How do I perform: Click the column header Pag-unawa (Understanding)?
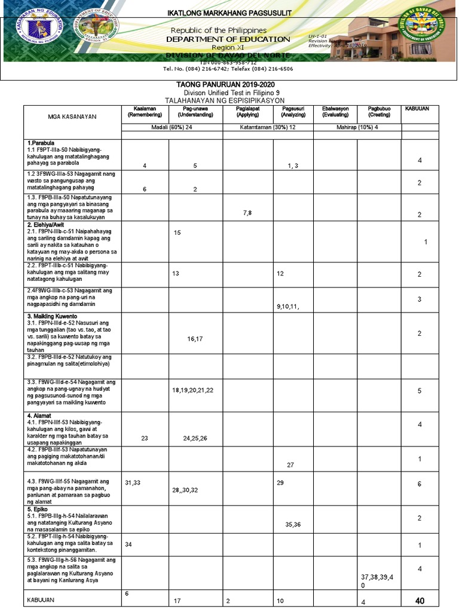(x=195, y=111)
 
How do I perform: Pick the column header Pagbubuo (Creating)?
(x=379, y=111)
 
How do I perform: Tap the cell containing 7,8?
(x=248, y=212)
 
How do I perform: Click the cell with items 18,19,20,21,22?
(x=192, y=390)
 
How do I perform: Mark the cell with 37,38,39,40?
(x=378, y=581)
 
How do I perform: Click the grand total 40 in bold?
(x=420, y=601)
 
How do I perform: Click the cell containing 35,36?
(x=293, y=524)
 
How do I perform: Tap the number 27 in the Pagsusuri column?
(x=290, y=464)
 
